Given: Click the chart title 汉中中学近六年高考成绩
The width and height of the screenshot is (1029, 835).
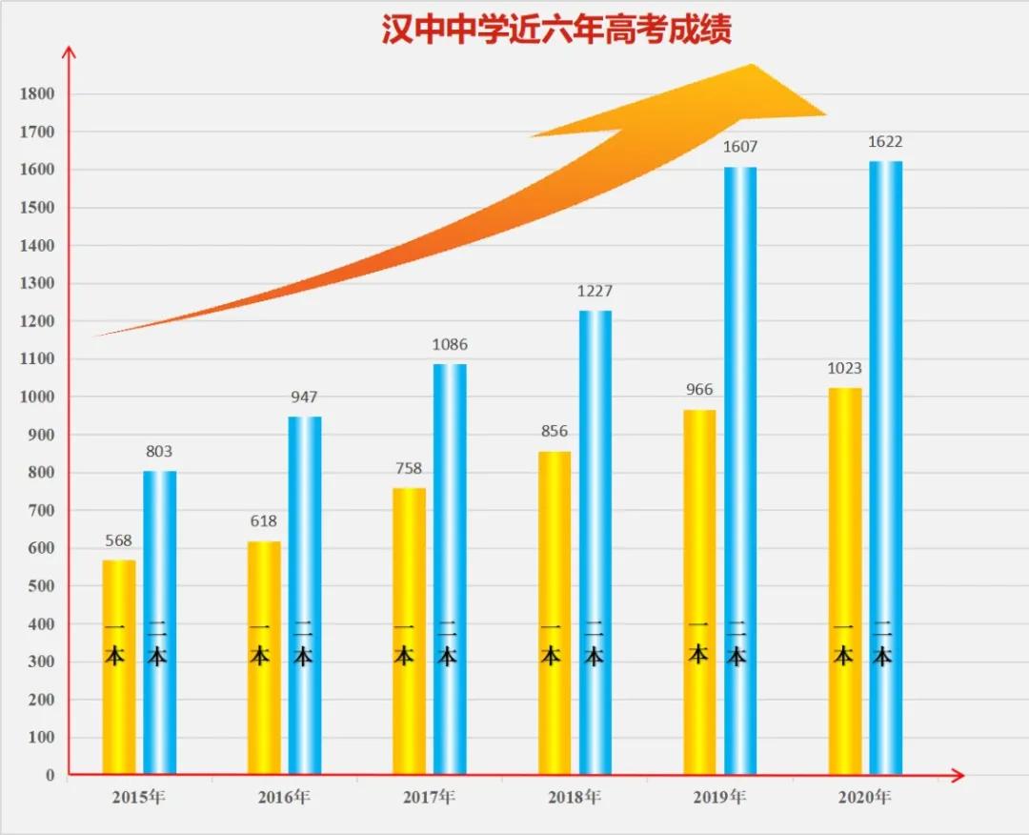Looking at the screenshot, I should tap(556, 30).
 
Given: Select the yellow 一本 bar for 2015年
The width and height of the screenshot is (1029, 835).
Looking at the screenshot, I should tap(119, 667).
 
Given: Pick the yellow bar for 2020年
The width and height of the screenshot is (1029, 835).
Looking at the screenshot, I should tap(844, 580).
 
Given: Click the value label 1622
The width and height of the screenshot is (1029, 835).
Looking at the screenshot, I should tap(885, 142).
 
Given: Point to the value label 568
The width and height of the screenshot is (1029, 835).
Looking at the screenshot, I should tap(119, 540).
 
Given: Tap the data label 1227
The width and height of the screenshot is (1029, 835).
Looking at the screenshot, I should tap(595, 292).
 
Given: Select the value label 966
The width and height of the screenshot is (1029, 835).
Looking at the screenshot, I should tap(699, 390).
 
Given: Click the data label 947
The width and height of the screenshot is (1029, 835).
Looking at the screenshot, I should tap(305, 397).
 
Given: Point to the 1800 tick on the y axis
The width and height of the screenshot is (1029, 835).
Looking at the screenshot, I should tap(37, 94).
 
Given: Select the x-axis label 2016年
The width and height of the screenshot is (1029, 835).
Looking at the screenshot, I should tap(284, 797).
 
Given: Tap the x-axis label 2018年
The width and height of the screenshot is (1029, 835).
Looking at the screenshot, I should tap(575, 797).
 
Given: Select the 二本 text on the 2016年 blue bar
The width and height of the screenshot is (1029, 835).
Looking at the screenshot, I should tap(304, 644).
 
